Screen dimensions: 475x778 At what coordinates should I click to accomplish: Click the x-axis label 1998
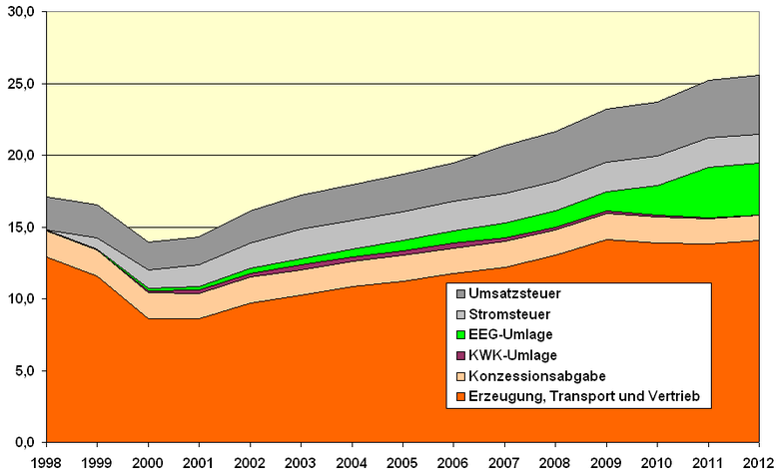tap(45, 463)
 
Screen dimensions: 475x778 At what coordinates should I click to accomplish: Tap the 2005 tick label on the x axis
tap(402, 463)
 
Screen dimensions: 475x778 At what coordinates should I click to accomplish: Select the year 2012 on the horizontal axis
tap(759, 463)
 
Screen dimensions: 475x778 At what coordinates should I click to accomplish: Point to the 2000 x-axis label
tap(148, 463)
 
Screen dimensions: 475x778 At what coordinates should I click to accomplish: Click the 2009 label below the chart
tap(607, 463)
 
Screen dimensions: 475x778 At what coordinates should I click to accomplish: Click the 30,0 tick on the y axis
tap(21, 12)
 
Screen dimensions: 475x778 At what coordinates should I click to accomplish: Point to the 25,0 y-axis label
tap(21, 84)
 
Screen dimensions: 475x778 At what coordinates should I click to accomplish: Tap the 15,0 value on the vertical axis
tap(21, 228)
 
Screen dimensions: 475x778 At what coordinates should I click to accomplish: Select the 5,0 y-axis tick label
tap(24, 370)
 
